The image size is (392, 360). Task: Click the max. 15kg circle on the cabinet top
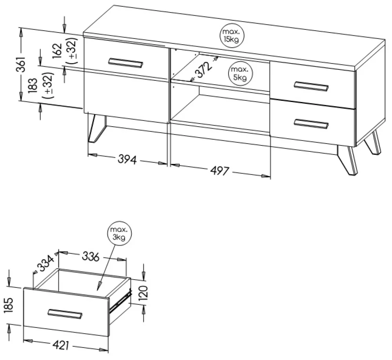pos(232,36)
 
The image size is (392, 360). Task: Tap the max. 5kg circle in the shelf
pos(240,74)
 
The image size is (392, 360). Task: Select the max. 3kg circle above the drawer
pos(120,233)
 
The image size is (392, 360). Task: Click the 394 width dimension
pos(127,159)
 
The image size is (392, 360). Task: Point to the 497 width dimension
pos(220,171)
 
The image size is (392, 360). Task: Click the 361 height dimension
pos(21,64)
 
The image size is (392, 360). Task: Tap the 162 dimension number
pos(57,51)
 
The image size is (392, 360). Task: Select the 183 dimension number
pos(33,86)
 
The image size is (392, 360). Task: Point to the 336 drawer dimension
pos(91,256)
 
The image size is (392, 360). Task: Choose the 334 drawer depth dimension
pos(45,264)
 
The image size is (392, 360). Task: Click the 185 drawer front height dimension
pos(9,305)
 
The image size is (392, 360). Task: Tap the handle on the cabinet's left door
pos(126,63)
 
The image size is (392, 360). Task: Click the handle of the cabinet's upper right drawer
pos(311,86)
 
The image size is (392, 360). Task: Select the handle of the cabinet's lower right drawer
pos(311,124)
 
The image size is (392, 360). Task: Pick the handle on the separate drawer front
pos(65,314)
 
